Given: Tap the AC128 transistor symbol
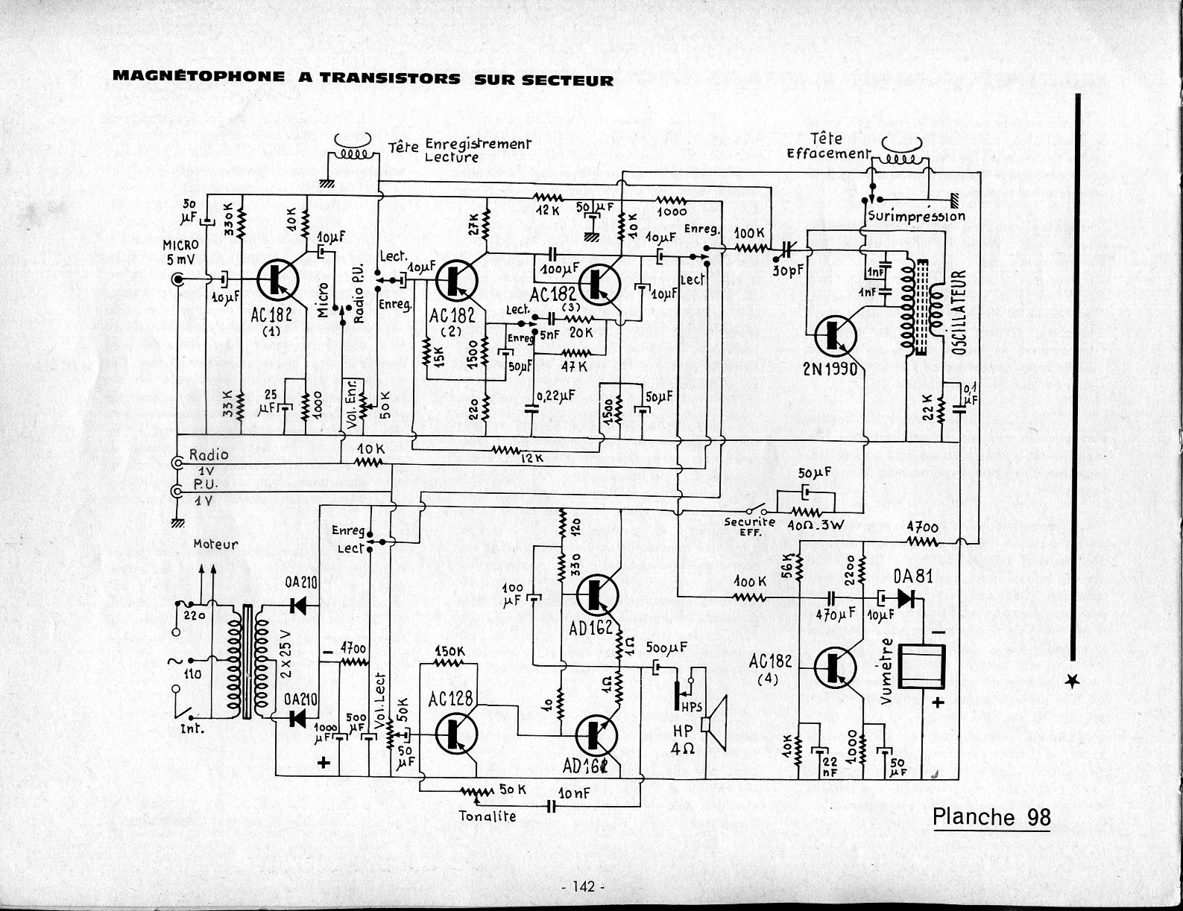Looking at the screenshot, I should (455, 731).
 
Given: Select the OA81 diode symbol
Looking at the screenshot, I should (906, 597).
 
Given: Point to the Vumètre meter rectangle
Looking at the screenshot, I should (922, 665).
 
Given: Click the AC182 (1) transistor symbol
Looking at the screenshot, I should (278, 280).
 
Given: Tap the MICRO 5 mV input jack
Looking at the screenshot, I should (179, 280).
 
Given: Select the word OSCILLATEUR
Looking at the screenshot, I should (959, 312).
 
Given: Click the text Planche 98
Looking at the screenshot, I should (991, 817).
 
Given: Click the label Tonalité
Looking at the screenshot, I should (488, 816).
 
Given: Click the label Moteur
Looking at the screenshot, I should (215, 545).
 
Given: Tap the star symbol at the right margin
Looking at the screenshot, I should (1073, 681).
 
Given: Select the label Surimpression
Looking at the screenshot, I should (916, 217).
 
